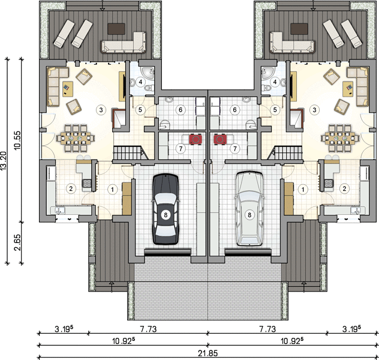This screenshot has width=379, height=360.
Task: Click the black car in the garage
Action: [166, 209]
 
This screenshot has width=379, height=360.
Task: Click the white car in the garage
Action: [249, 209]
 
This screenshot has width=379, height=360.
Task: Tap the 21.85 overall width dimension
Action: [208, 353]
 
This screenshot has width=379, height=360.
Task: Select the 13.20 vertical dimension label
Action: [4, 161]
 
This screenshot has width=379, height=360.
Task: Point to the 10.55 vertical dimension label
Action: [17, 140]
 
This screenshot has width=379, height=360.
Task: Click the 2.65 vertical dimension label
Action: [17, 242]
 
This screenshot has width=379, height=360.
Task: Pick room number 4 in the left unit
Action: [140, 82]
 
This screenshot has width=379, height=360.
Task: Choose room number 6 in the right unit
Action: [234, 110]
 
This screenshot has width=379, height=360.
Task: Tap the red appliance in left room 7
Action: [195, 140]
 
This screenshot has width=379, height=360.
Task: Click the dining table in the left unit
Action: [76, 138]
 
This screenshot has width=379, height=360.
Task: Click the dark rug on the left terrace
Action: [116, 29]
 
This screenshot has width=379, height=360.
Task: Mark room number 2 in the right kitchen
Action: [345, 188]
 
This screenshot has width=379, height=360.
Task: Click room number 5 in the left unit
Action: [140, 110]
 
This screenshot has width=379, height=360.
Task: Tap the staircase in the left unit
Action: [131, 152]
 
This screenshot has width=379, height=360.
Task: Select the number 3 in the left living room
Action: [101, 110]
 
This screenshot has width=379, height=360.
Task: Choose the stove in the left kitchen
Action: [86, 183]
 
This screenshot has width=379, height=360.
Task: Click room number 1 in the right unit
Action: [303, 190]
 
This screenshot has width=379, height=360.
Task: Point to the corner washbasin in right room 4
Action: [267, 73]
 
